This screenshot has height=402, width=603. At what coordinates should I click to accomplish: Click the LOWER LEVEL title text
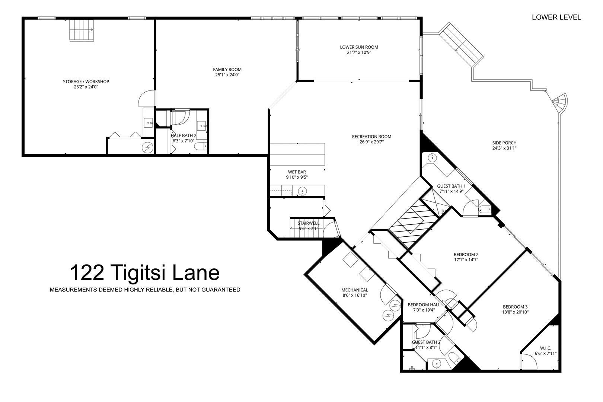[556, 17]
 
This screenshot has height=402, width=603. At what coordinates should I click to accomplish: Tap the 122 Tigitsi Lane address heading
[145, 273]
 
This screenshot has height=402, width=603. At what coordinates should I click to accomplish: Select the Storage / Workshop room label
[86, 82]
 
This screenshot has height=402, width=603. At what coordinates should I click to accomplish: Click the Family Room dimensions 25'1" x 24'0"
[227, 75]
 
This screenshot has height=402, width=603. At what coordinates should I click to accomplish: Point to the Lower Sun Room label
[359, 47]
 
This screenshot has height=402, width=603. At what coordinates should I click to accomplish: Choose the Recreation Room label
[371, 137]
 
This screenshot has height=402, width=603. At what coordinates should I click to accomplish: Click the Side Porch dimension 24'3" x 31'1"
[504, 148]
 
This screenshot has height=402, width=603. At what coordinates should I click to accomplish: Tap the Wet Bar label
[297, 172]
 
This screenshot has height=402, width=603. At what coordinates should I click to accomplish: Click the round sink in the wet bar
[303, 191]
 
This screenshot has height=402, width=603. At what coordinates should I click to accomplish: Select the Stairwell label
[309, 223]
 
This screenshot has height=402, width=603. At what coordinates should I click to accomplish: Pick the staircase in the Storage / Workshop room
[82, 30]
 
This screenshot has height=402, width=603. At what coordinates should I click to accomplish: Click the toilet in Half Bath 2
[201, 147]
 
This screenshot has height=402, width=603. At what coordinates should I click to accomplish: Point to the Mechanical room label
[354, 290]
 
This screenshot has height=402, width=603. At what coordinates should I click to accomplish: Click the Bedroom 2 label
[466, 255]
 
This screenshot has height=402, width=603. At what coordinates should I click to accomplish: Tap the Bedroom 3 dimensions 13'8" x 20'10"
[515, 312]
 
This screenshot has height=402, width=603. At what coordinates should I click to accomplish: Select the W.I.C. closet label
[545, 348]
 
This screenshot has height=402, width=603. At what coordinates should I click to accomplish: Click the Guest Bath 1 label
[451, 186]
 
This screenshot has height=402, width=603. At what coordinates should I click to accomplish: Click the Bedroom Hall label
[424, 305]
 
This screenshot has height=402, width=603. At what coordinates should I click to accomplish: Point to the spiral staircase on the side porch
[560, 103]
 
